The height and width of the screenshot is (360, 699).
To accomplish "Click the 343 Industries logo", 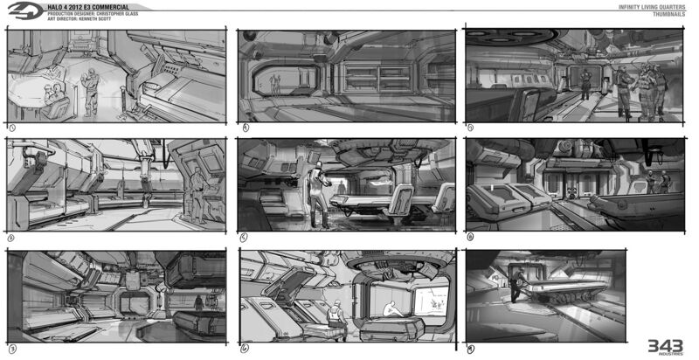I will [x=667, y=347].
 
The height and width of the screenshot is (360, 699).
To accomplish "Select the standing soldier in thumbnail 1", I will [x=88, y=88].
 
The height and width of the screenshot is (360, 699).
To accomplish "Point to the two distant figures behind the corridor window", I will [x=277, y=84].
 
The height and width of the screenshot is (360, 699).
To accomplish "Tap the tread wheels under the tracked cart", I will [x=557, y=307].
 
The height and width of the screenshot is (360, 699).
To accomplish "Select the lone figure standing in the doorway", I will [x=200, y=304].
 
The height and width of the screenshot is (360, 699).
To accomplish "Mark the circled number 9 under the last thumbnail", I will [x=472, y=348].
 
